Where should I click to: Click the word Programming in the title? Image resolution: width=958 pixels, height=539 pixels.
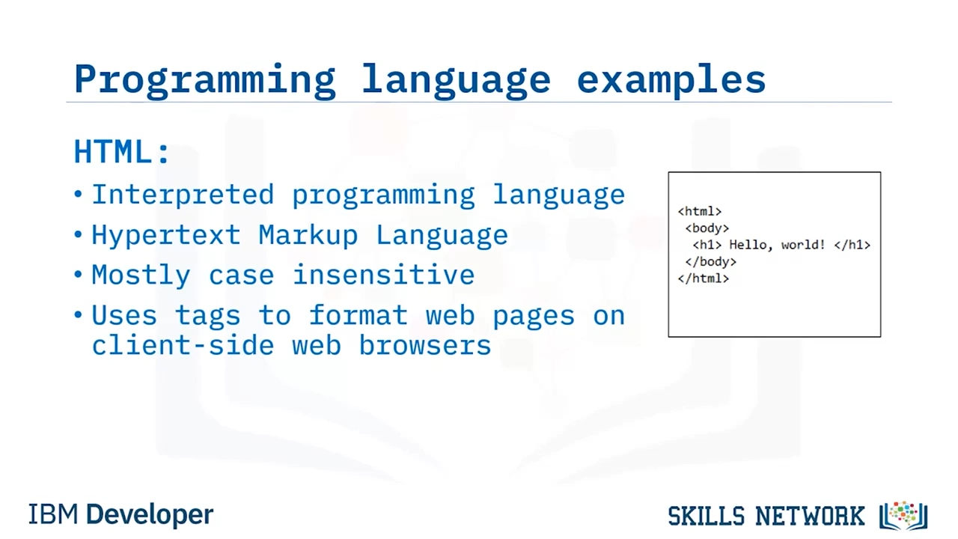coord(205,81)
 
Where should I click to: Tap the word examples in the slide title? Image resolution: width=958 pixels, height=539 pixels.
coord(671,81)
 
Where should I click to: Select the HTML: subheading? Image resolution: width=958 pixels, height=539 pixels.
coord(122,151)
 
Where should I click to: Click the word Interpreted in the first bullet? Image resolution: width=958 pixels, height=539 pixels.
coord(183,195)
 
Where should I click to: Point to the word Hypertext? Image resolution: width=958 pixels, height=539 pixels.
coord(167,235)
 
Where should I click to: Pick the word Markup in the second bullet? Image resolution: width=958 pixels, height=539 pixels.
coord(308,235)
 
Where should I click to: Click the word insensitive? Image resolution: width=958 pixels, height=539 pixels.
coord(384,274)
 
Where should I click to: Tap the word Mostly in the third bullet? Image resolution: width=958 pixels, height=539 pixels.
coord(141,275)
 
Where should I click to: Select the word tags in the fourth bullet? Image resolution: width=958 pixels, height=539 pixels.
coord(208,316)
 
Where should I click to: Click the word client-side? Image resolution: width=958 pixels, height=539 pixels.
coord(183,345)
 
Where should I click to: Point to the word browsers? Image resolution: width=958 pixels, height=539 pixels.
coord(424,345)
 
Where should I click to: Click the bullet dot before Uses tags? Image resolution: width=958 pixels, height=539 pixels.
coord(78,315)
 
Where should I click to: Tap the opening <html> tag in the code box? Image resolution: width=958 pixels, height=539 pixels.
coord(700,211)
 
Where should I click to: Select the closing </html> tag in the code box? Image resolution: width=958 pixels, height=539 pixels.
coord(704,278)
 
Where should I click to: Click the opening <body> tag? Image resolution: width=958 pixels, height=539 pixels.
coord(707,228)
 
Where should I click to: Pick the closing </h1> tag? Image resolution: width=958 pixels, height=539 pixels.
coord(852,245)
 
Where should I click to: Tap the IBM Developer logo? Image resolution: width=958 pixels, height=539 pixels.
coord(120,514)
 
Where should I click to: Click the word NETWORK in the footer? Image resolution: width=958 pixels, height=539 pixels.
coord(810,516)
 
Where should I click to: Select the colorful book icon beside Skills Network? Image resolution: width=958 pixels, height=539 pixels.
coord(903,515)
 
